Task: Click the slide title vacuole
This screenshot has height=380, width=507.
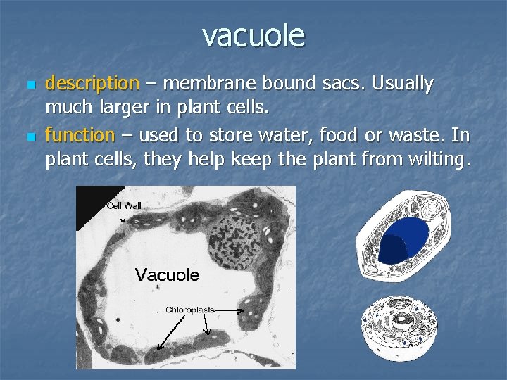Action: (x=254, y=34)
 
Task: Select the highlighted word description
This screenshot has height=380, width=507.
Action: (x=92, y=84)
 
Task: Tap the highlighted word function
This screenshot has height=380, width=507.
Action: (x=80, y=134)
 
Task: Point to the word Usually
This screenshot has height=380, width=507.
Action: (x=403, y=84)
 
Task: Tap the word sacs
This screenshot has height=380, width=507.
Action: (x=340, y=84)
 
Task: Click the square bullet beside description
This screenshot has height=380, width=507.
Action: (x=28, y=84)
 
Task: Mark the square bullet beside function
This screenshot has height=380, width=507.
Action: (x=28, y=135)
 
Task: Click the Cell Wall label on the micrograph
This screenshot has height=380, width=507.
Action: (x=124, y=205)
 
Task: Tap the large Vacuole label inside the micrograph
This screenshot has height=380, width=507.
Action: (x=167, y=274)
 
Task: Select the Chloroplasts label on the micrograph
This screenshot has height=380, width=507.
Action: (x=189, y=309)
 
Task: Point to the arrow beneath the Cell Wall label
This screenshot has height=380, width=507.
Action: (x=123, y=216)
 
